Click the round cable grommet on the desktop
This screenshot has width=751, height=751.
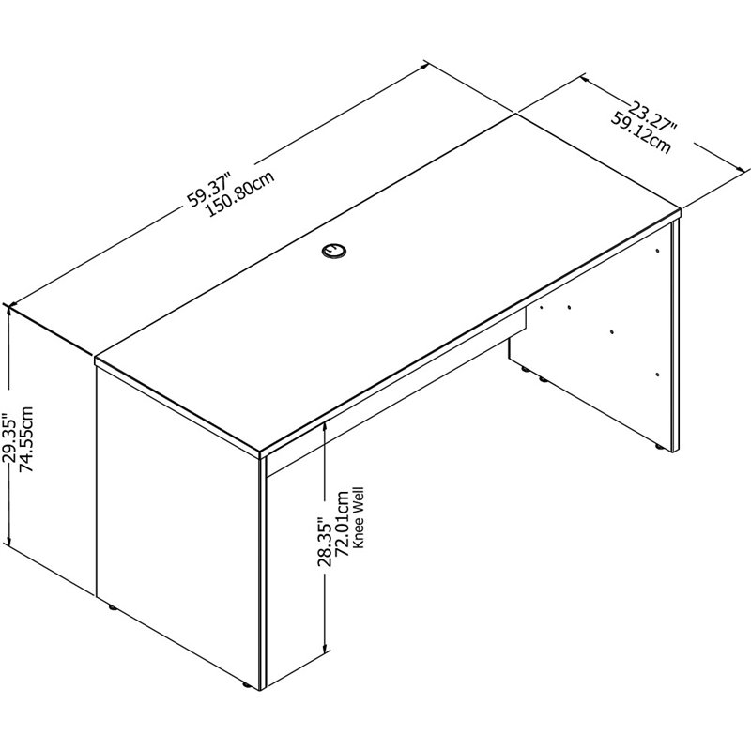(x=333, y=250)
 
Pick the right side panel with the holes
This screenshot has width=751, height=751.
(x=601, y=357)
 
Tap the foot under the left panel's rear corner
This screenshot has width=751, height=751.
(x=114, y=609)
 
